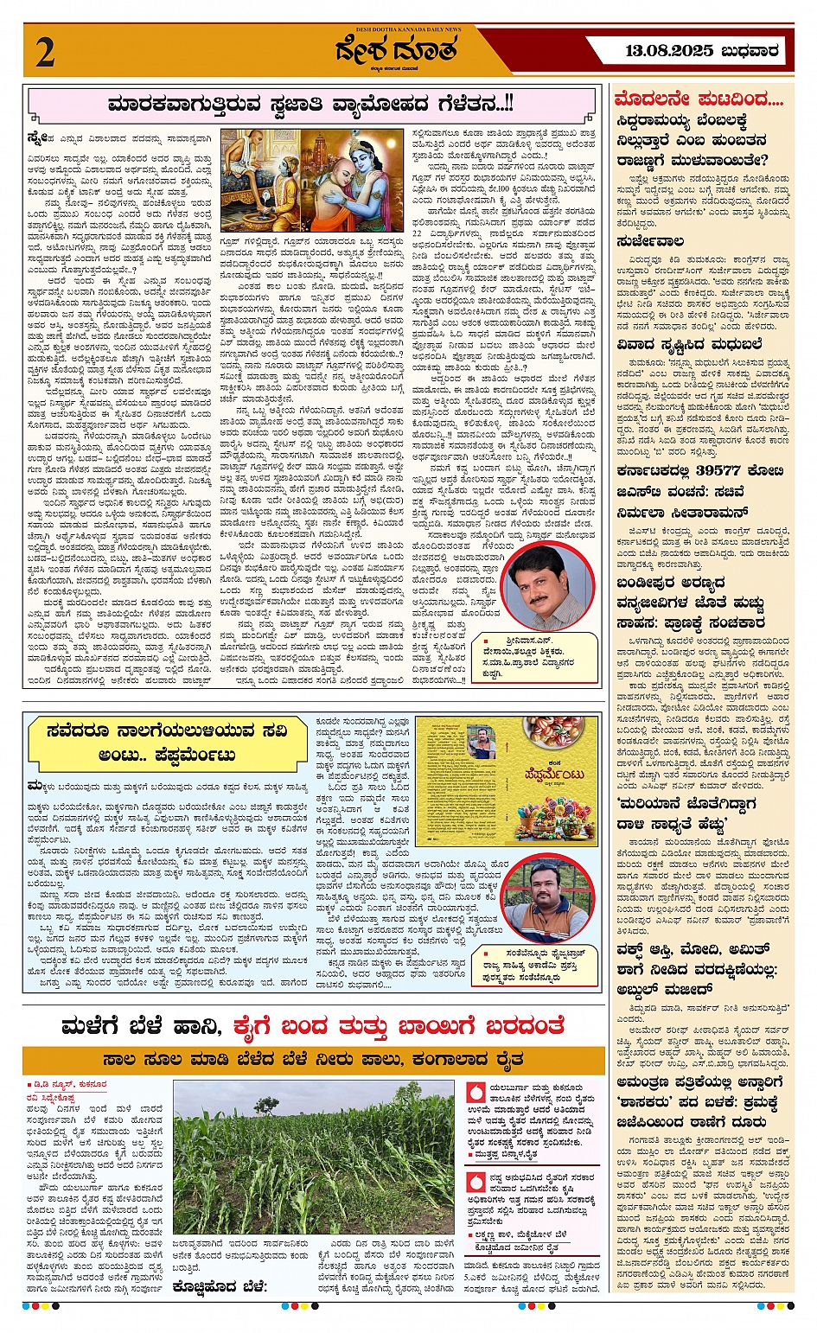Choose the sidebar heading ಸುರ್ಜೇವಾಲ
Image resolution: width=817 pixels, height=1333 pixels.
(650, 241)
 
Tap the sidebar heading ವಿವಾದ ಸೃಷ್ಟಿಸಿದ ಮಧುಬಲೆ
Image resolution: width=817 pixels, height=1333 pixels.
(689, 344)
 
